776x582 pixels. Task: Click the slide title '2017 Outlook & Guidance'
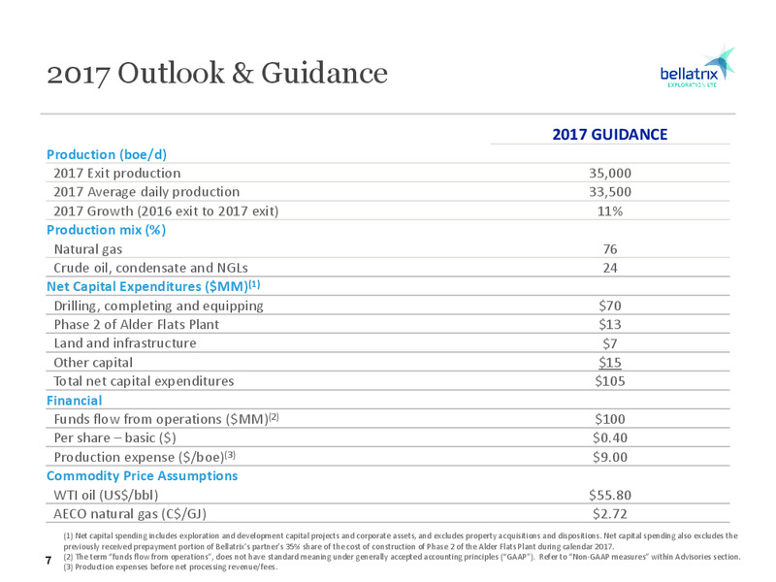point(217,73)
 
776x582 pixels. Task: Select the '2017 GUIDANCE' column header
point(610,135)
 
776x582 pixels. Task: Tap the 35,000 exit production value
point(610,174)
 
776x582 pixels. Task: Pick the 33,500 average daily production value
point(610,192)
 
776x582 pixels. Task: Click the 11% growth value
point(610,211)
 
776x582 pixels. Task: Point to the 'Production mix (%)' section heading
point(106,230)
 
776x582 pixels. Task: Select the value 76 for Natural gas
point(610,249)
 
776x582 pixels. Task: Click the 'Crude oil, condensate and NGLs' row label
point(151,268)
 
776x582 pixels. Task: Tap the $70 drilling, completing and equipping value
point(610,306)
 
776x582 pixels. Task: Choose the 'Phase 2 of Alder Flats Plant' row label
point(136,325)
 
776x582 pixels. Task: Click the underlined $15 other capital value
point(610,363)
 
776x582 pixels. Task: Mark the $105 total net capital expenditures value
point(610,381)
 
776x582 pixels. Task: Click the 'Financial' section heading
point(75,401)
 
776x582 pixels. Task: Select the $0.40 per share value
point(610,438)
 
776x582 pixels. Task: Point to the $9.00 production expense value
point(610,457)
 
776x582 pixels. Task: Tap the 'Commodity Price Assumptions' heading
point(142,476)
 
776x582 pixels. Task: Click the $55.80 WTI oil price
point(610,495)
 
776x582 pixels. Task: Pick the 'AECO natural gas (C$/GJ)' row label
point(130,514)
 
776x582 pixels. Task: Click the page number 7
point(48,561)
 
